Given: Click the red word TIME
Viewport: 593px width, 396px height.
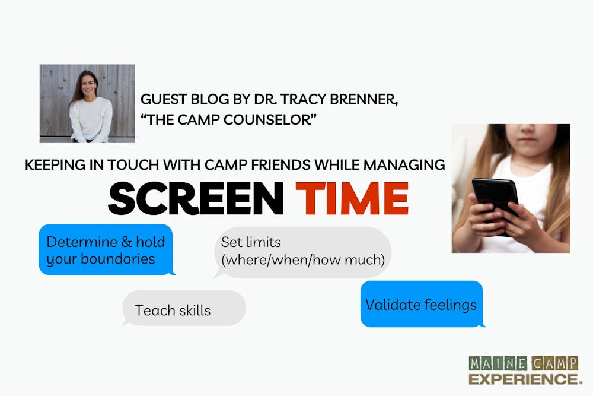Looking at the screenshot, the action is (352, 198).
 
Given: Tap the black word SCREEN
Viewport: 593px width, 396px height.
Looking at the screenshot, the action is (196, 198).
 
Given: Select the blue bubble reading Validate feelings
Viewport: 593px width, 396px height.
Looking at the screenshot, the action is (422, 304).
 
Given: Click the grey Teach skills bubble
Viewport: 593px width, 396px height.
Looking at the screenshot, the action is (184, 308).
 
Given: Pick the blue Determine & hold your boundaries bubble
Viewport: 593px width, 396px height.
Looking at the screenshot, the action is (106, 250).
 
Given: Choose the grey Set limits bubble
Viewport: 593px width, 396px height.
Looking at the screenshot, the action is (302, 252).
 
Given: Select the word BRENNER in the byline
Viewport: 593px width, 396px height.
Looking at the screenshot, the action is (364, 99).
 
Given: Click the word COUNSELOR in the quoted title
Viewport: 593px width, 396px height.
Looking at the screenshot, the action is (270, 120).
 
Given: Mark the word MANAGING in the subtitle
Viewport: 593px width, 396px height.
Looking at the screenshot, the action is (404, 165).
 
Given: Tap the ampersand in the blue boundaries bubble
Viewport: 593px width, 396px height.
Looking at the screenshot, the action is (127, 242).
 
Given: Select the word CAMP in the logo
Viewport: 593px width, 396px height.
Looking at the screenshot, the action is (555, 364).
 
